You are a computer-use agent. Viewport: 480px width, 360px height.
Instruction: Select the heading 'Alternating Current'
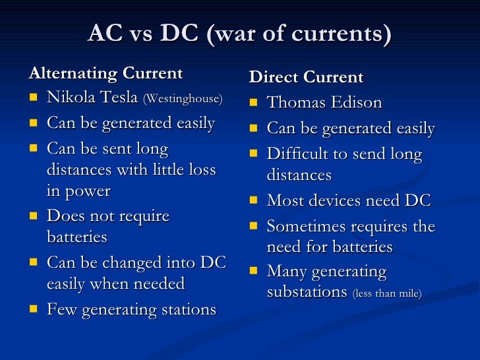(105, 73)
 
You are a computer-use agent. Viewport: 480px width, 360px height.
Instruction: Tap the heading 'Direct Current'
(306, 78)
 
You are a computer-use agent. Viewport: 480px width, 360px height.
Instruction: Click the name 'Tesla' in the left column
(117, 98)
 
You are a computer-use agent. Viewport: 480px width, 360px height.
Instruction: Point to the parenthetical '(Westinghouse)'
(183, 100)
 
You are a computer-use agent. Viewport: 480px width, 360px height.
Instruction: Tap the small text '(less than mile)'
(387, 293)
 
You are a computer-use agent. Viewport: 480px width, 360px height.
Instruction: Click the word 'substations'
(307, 292)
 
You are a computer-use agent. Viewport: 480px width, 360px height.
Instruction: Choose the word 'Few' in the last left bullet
(61, 309)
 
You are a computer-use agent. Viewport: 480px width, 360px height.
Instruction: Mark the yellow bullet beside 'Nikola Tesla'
(34, 99)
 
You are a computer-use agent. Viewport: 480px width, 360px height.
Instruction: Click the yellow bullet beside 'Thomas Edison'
(254, 104)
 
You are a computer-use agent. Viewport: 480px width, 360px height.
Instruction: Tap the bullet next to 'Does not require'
(34, 217)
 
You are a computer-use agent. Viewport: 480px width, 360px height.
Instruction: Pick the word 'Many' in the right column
(286, 272)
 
